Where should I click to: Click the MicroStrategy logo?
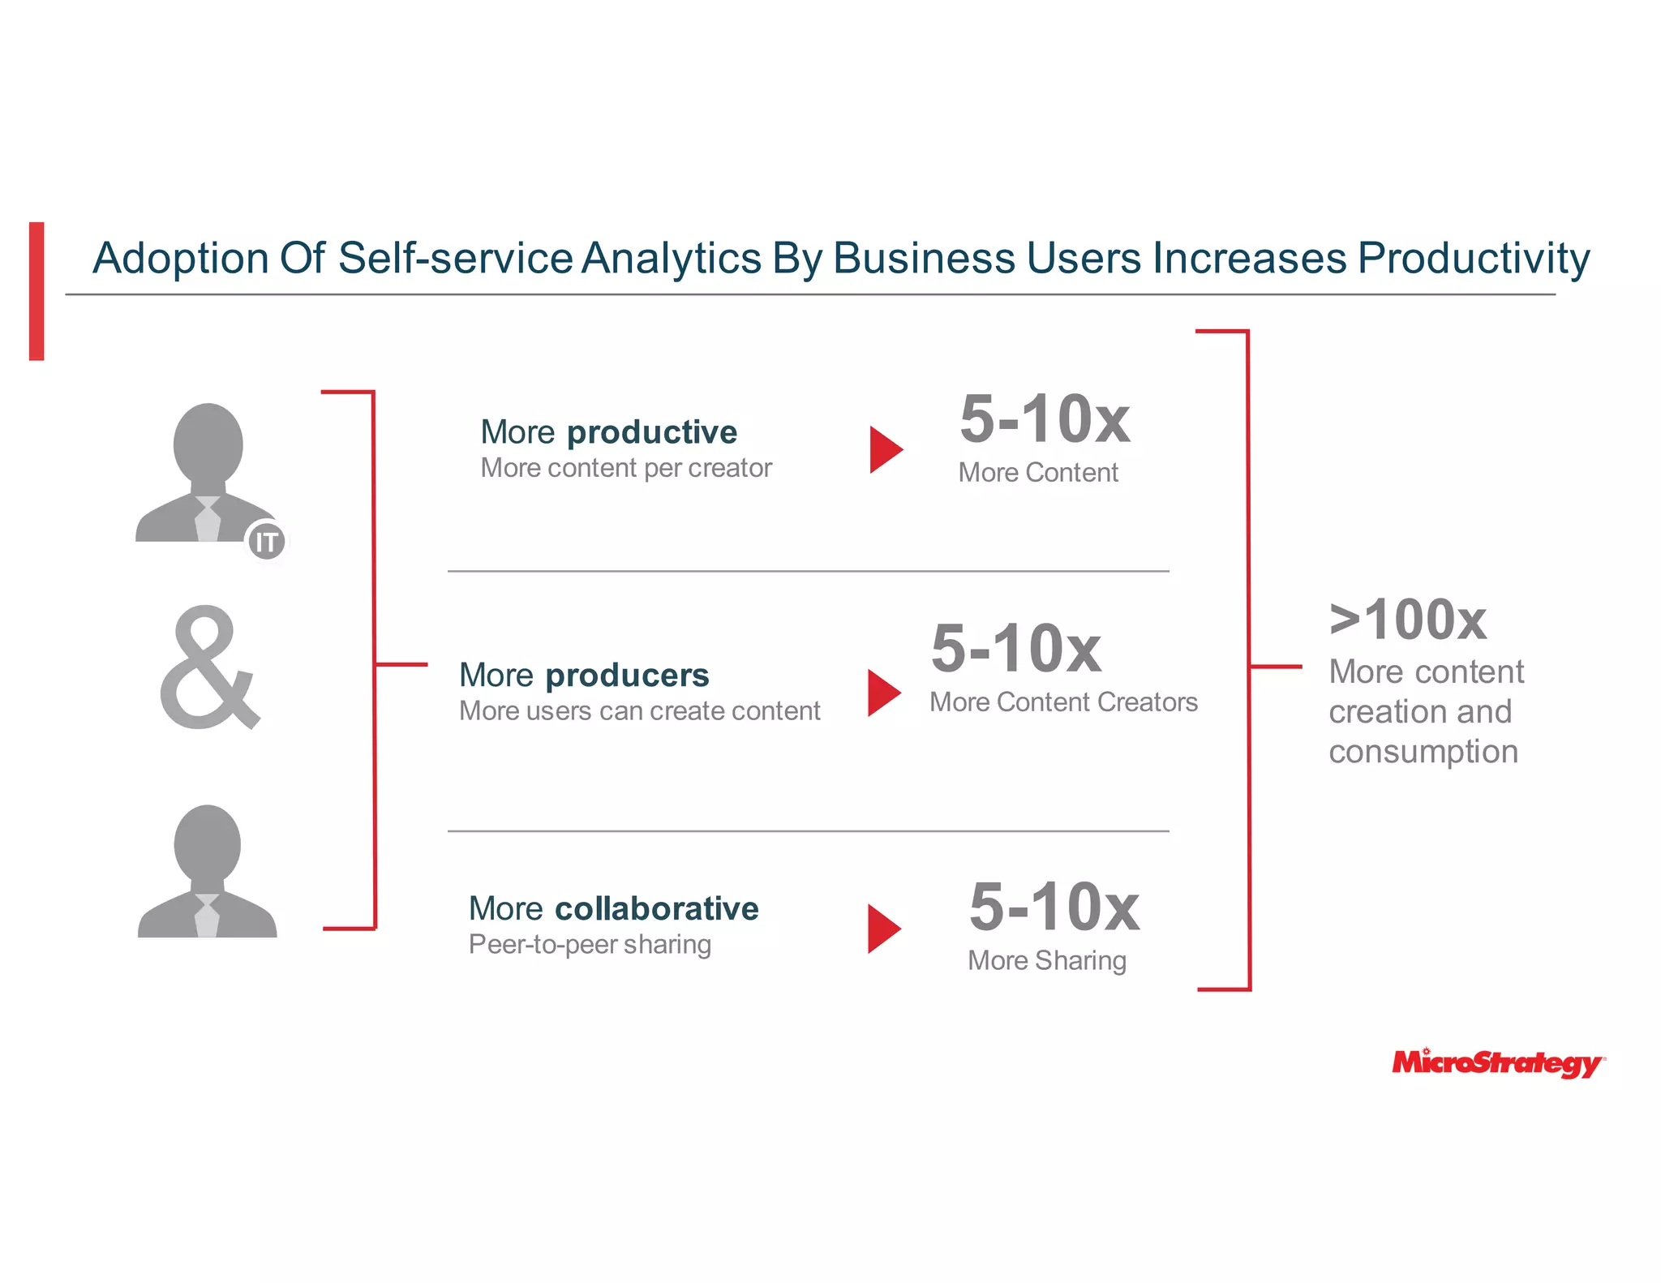[1497, 1062]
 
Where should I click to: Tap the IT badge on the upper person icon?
[266, 542]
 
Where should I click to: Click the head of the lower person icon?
[208, 843]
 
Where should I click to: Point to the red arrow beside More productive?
[884, 449]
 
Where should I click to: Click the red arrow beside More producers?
[882, 693]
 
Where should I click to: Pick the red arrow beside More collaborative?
[882, 929]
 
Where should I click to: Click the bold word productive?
[652, 432]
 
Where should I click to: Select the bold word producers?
[627, 676]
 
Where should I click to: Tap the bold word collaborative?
[657, 908]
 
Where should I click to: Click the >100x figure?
[1407, 620]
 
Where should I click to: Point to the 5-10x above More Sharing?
[1054, 907]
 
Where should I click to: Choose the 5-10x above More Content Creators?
[1016, 649]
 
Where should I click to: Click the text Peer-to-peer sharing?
[590, 945]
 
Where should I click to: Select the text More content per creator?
[625, 468]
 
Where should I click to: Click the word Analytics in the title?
[672, 259]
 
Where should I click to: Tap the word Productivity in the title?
[1473, 259]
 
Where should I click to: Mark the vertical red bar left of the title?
[36, 290]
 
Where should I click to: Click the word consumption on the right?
[1423, 752]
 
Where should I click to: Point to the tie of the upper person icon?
[208, 519]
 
